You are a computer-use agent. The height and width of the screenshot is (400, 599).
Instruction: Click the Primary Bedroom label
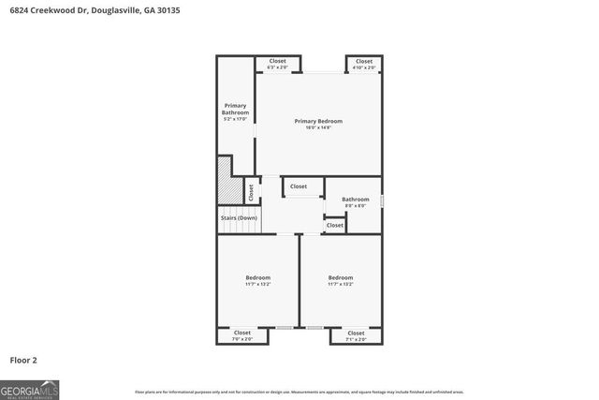(x=318, y=121)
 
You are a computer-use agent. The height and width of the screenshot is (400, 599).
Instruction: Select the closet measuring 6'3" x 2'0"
(x=278, y=64)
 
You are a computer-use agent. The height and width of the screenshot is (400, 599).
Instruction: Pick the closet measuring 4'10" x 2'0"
(x=364, y=64)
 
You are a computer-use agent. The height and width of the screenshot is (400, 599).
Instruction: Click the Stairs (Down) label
(x=239, y=218)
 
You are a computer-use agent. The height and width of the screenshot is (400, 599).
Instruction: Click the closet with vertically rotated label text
(x=251, y=191)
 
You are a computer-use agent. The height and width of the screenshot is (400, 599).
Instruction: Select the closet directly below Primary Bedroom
(x=299, y=186)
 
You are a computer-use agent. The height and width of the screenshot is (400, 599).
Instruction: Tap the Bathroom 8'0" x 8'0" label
(x=355, y=201)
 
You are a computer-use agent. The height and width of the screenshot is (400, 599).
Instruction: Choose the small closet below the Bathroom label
(x=334, y=225)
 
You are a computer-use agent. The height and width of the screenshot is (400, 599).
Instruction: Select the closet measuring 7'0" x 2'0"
(x=242, y=335)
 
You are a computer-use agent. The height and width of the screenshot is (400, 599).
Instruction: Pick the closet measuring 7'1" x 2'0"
(x=356, y=335)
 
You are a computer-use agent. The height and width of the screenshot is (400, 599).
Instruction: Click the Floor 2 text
(x=23, y=360)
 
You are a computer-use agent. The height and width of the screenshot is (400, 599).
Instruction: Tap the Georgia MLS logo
(x=27, y=389)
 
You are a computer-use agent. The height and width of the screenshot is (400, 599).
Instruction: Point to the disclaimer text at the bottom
(x=299, y=392)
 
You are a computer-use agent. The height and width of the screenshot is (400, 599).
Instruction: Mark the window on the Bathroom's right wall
(x=382, y=200)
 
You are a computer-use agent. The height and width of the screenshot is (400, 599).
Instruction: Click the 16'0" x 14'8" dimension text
(x=318, y=127)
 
